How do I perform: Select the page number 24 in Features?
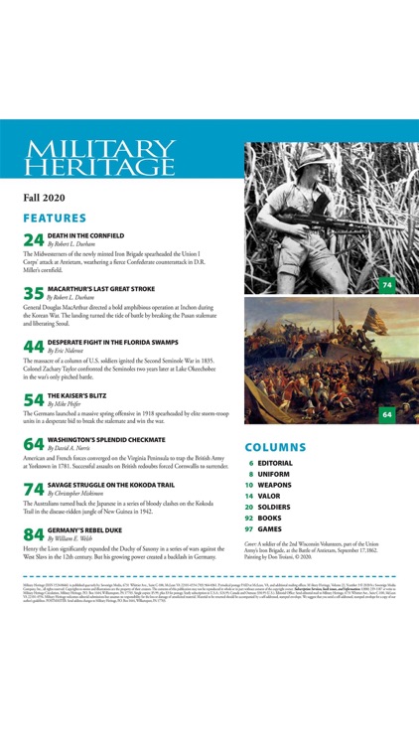click(x=33, y=239)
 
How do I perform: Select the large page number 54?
click(x=33, y=400)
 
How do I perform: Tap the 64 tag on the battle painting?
click(x=387, y=414)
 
